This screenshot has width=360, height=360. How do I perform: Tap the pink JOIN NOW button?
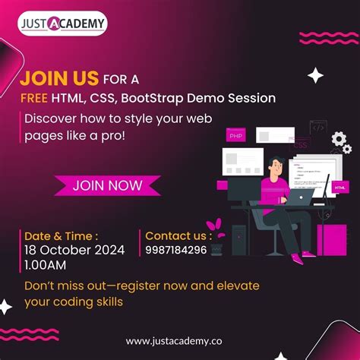(x=107, y=185)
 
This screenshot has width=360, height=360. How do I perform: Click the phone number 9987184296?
(x=175, y=249)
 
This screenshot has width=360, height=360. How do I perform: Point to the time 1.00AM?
(x=45, y=264)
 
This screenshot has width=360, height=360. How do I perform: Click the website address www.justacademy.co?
(x=179, y=341)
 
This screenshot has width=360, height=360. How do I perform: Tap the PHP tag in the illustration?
(x=236, y=136)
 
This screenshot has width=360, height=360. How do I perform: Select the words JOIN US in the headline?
(x=60, y=77)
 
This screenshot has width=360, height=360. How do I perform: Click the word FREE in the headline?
(x=34, y=98)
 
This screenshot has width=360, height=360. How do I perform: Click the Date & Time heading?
(x=60, y=235)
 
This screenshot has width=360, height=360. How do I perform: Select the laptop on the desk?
(x=301, y=197)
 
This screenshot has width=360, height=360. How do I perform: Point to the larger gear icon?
(x=339, y=139)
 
